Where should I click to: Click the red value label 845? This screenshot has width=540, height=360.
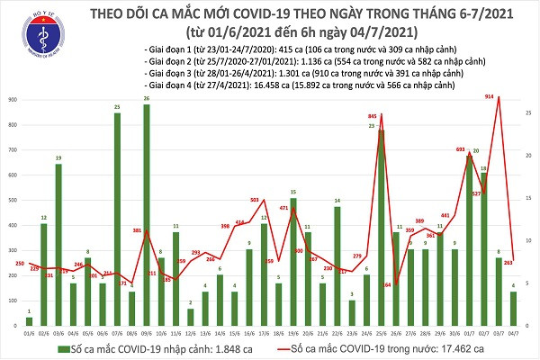[x=373, y=116]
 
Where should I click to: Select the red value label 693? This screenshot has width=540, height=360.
[x=461, y=148]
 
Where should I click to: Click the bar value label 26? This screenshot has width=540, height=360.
[x=146, y=98]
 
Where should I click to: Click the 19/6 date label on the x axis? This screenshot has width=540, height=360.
[x=293, y=330]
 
